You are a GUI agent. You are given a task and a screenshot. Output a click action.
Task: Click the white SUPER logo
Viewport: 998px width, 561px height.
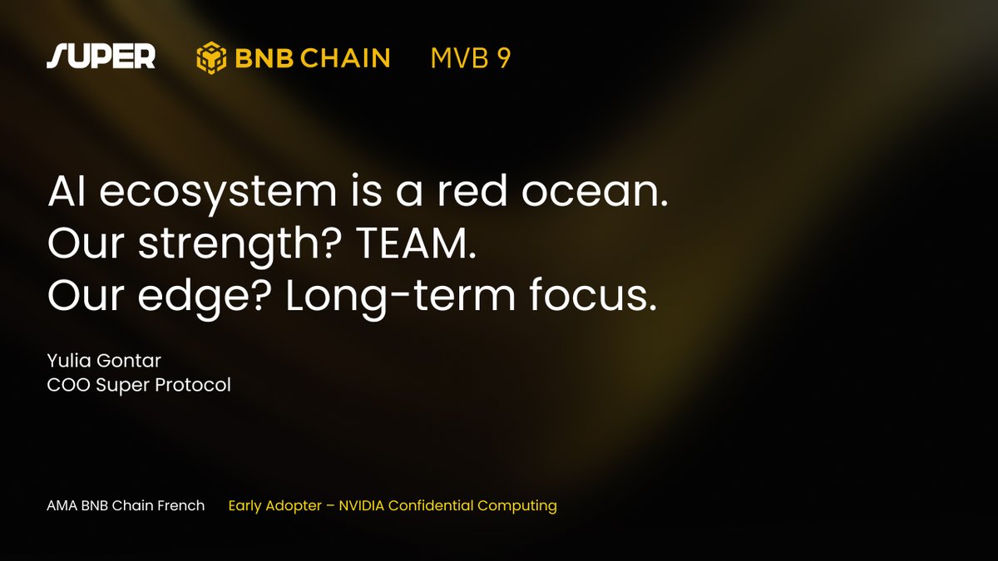point(101,57)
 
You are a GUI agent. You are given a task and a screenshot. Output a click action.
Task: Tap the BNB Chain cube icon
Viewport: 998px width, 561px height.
point(211,57)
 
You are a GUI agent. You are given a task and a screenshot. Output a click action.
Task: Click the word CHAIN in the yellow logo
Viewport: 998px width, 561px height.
point(345,58)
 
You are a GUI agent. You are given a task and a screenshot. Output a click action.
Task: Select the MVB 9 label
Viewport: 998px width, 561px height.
point(471,58)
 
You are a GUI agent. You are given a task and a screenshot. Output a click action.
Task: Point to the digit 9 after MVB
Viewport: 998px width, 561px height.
point(503,58)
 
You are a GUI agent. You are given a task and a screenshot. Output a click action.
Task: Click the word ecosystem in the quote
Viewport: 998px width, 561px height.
point(218,193)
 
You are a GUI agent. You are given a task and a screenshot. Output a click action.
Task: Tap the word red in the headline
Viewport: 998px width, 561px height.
point(472,190)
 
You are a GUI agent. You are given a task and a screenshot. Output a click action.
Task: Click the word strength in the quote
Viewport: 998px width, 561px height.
point(240,245)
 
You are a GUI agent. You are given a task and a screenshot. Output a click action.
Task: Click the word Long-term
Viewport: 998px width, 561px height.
point(400,297)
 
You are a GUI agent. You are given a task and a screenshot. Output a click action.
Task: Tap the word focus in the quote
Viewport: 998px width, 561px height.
point(593,294)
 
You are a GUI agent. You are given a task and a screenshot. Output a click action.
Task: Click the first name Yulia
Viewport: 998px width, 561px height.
point(69,361)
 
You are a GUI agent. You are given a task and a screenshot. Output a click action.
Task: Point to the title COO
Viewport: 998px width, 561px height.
point(68,385)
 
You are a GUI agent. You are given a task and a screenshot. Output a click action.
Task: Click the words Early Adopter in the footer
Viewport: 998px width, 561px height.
point(275,506)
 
